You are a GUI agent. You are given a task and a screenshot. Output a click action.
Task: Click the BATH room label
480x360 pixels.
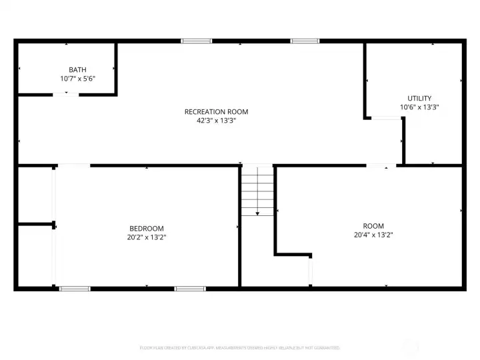77,69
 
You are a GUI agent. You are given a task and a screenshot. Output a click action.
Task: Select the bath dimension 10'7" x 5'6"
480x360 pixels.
77,78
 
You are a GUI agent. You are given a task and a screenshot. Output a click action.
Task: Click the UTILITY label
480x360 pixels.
419,98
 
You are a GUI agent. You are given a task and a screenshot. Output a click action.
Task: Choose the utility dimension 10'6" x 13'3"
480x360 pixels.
419,107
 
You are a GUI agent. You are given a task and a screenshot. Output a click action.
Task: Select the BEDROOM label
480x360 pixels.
145,228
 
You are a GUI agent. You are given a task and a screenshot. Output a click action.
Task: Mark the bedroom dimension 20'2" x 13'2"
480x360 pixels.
145,237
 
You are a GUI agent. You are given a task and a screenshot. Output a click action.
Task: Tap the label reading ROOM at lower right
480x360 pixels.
373,225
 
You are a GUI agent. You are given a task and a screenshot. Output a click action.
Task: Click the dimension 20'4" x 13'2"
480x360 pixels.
373,235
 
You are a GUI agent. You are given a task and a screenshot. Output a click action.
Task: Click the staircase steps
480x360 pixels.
257,190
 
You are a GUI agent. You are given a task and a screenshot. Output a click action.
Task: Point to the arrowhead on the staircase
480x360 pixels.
257,213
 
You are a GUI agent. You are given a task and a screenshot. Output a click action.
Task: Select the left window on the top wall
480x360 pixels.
197,41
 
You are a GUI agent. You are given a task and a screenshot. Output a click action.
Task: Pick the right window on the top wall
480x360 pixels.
305,41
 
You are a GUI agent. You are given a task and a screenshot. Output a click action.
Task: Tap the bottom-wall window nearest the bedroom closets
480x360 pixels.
75,289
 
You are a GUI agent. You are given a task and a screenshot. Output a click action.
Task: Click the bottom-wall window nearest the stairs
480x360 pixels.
190,289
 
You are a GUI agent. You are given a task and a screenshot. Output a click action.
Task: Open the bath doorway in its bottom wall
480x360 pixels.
65,95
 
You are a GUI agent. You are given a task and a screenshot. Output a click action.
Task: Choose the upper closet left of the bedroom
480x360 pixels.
35,194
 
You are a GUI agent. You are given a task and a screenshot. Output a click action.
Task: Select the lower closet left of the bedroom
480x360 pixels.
35,257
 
